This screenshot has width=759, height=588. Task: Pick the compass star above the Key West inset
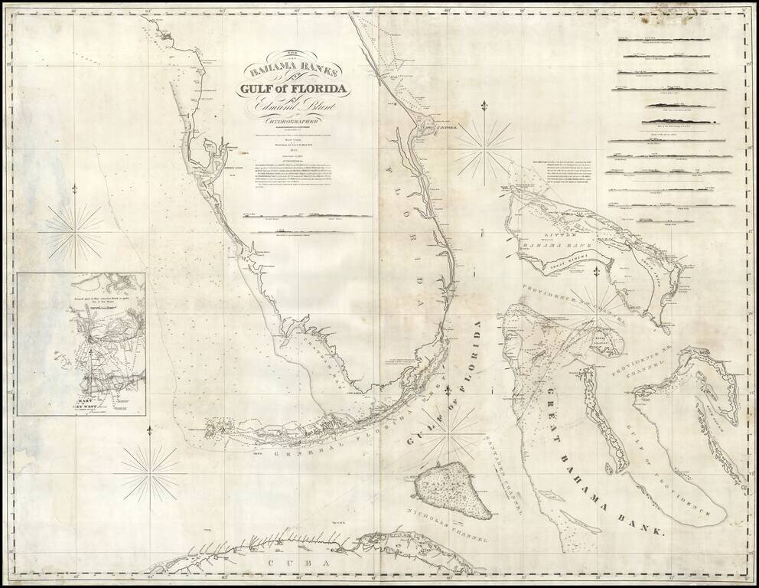[74, 230]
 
